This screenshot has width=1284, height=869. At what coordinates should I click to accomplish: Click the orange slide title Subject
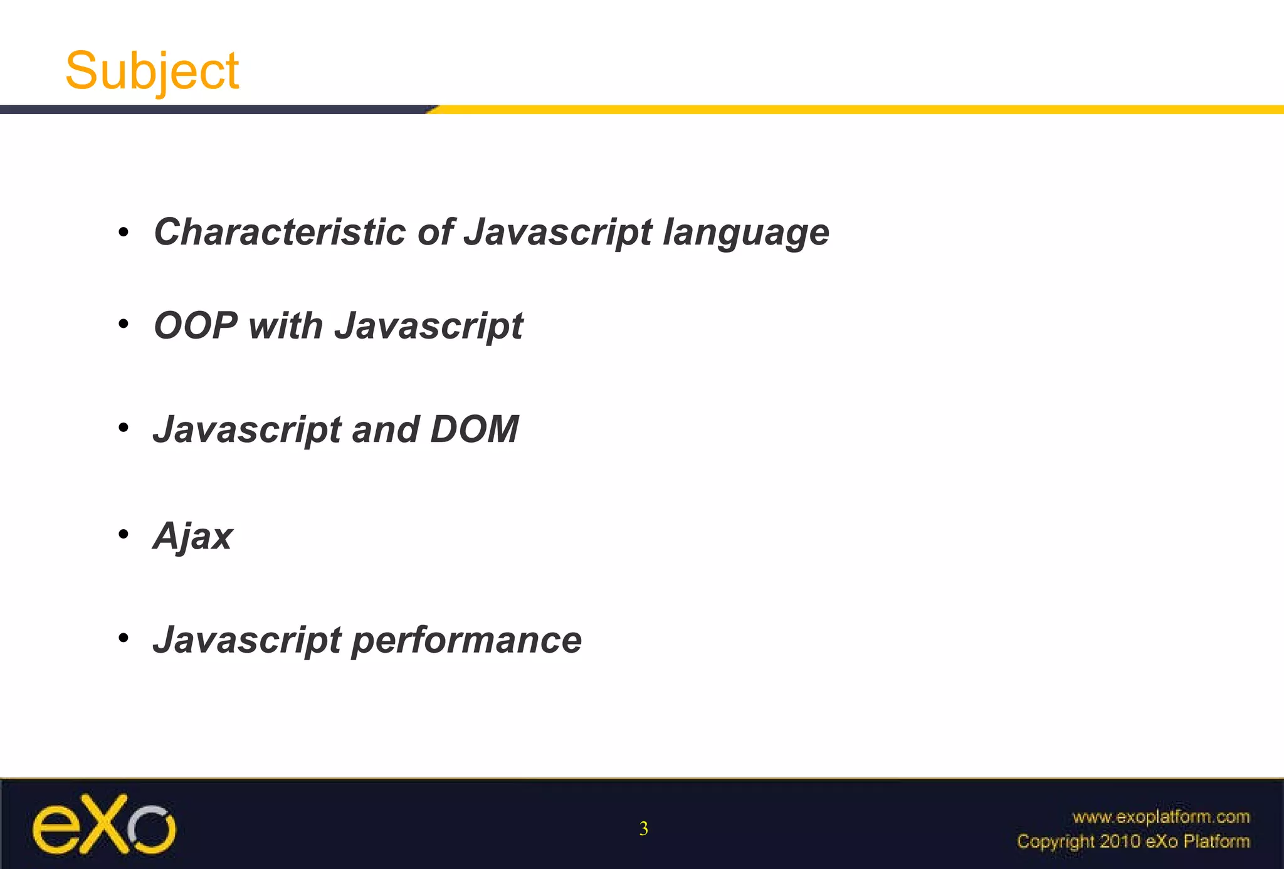pos(152,71)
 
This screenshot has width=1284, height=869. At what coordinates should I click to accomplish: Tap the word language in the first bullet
pos(746,233)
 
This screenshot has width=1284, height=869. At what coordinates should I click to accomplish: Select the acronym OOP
pos(195,325)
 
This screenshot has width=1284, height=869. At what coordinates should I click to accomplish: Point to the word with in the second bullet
pos(285,325)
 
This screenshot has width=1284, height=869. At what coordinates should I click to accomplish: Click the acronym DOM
pos(475,429)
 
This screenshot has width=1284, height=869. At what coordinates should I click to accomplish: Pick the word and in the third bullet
pos(385,429)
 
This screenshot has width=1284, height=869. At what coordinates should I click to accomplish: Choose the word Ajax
pos(192,537)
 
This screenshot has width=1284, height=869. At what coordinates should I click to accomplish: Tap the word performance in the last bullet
pos(466,641)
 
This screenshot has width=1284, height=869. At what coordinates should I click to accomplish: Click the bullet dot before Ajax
pos(124,534)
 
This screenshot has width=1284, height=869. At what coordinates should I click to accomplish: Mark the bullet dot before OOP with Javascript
pos(124,324)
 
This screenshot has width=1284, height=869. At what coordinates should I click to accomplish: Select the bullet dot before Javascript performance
pos(124,638)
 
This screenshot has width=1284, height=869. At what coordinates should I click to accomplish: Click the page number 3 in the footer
pos(643,829)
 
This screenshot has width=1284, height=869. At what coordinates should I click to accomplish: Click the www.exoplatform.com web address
pos(1161,817)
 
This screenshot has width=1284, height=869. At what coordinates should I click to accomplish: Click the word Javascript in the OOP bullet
pos(428,327)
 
